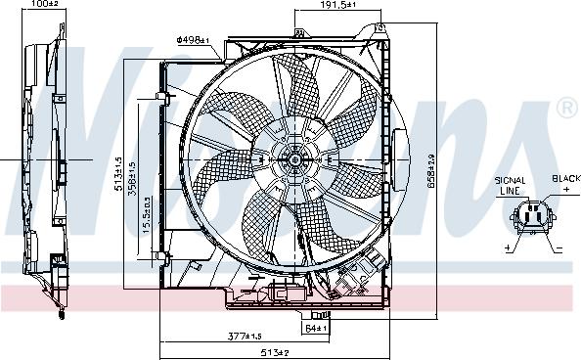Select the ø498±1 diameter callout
(192, 40)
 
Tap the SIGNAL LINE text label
(512, 186)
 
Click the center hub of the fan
(294, 157)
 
